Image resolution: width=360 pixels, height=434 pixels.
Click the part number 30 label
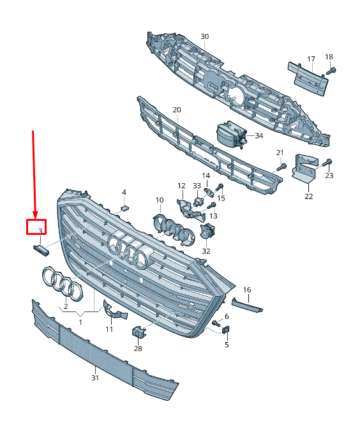(x=204, y=36)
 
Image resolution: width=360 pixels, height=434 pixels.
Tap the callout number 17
(x=311, y=59)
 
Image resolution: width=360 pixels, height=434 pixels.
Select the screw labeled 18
(x=331, y=71)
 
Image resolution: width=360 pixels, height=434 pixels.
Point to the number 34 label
(x=259, y=135)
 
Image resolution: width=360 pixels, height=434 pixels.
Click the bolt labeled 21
(x=281, y=167)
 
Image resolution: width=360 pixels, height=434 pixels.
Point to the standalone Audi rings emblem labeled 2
(x=63, y=283)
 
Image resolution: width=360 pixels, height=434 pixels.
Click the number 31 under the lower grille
(x=95, y=378)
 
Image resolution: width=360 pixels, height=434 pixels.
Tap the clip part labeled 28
(x=139, y=332)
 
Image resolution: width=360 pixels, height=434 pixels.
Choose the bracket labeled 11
(x=114, y=311)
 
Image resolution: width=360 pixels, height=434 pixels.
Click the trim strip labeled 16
(x=247, y=305)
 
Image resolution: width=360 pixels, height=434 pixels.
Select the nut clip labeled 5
(x=226, y=330)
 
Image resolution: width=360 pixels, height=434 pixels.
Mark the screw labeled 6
(x=216, y=323)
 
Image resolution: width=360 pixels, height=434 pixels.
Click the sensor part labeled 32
(x=207, y=230)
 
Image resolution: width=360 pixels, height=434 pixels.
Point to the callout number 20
(x=177, y=110)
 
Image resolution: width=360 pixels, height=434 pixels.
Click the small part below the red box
(x=41, y=250)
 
